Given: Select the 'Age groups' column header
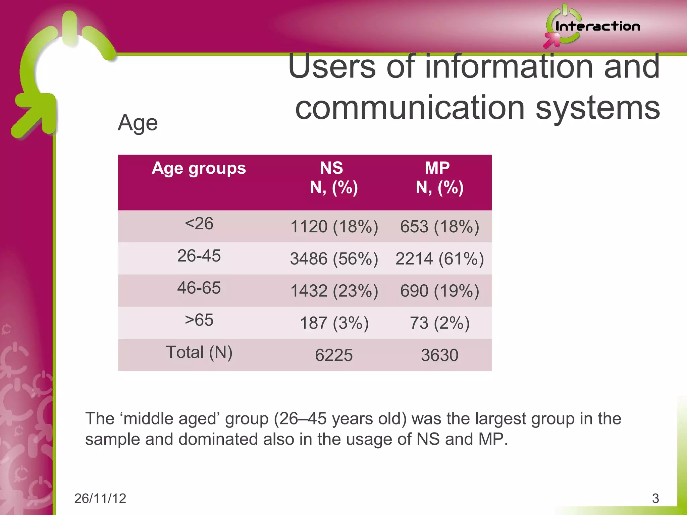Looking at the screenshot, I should point(199,168).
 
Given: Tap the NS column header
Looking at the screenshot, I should point(333,178).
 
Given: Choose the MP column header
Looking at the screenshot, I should point(439,178).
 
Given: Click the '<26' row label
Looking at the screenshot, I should point(199,224).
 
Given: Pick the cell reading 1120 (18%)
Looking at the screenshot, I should point(334,227).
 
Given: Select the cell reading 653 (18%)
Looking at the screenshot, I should point(439,227).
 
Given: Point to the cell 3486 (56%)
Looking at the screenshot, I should point(334,259).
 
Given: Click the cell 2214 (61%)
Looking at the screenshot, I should point(439,259).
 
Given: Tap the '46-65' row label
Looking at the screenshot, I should point(199,288).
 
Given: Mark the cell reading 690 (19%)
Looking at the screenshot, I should point(439,291).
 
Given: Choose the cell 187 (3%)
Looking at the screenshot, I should point(334,323).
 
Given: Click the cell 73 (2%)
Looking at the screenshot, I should point(439,323).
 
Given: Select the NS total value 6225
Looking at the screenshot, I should point(334,355).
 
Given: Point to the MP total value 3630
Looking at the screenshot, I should point(439,355).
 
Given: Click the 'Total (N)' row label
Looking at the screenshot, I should point(199,352).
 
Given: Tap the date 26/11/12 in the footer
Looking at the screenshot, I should point(100,499).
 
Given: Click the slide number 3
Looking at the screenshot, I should point(655,499).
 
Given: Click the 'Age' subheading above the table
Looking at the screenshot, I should point(138,123).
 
